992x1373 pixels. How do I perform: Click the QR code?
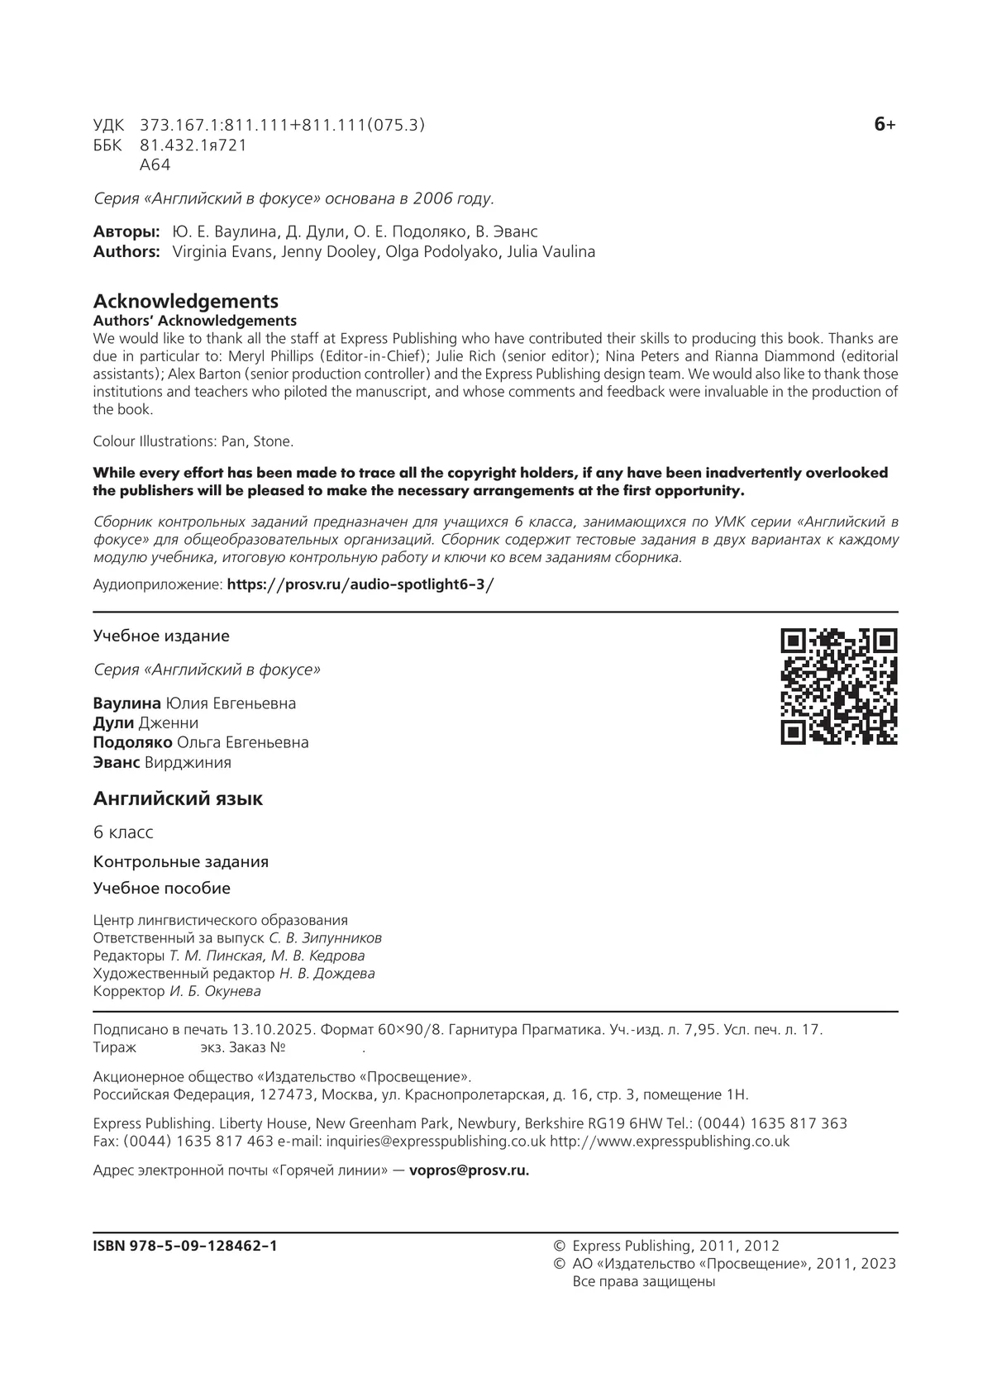pos(839,686)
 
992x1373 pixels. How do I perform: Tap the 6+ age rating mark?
pos(884,125)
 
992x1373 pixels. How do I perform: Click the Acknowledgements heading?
pos(185,301)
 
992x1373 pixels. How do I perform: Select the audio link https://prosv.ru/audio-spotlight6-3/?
pos(360,584)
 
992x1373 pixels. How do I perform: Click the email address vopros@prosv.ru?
pos(469,1170)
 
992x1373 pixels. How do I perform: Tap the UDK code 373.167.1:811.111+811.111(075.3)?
pos(282,126)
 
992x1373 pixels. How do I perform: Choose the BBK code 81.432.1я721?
pos(193,145)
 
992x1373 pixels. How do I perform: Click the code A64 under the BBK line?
pos(155,164)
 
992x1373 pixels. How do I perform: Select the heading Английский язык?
pos(178,799)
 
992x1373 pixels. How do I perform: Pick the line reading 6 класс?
pos(123,832)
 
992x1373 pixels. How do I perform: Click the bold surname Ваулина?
pos(127,703)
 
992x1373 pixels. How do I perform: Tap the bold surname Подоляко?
pos(132,742)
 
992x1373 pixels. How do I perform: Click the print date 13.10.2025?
pos(274,1030)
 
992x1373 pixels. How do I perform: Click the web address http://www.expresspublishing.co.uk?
pos(669,1141)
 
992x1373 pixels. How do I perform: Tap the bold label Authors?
pos(126,251)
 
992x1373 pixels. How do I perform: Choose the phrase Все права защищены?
pos(643,1281)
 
